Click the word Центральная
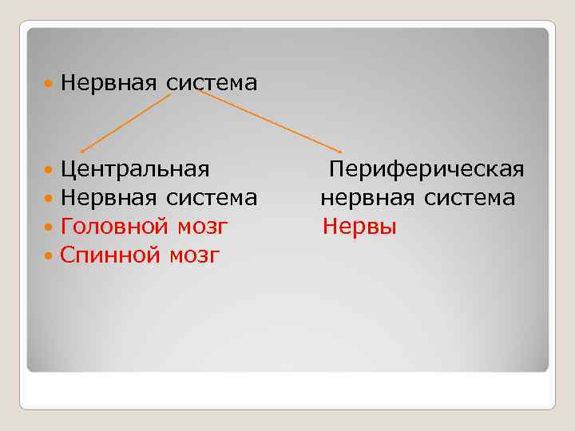135,169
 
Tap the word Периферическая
426,169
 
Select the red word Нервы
359,227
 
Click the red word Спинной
110,255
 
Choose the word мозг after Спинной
194,256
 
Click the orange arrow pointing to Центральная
125,121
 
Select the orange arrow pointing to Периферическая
270,121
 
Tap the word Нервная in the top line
109,82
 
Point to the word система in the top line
212,82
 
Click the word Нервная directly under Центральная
109,198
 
